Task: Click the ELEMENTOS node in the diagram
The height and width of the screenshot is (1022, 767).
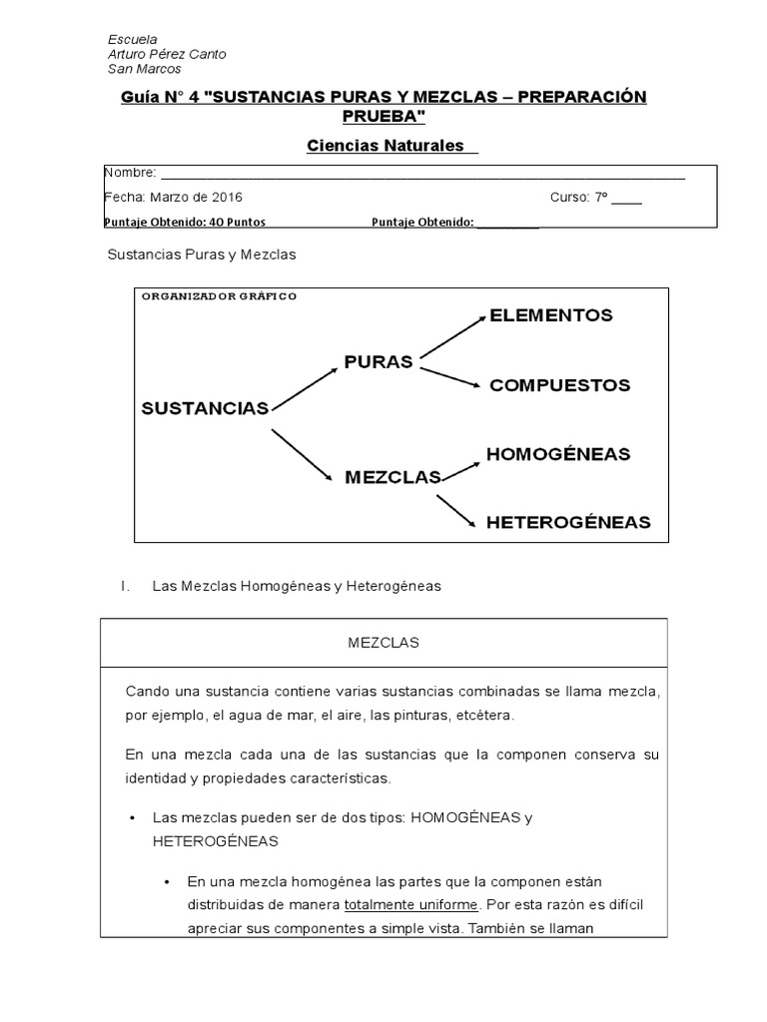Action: pos(550,315)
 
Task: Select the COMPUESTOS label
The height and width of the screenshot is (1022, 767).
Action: pos(559,385)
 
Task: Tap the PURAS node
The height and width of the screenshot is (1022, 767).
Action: pos(379,361)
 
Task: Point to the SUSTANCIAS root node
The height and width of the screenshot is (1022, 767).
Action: pos(205,407)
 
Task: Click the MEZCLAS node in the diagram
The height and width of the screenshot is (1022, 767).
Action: pos(392,477)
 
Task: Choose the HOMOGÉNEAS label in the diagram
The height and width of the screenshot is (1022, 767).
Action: pos(558,454)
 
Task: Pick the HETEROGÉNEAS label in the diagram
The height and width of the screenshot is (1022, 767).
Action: pos(567,521)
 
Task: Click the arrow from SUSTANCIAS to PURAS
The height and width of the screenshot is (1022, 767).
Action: pos(306,387)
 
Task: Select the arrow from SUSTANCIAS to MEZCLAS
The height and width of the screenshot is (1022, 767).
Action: pos(302,455)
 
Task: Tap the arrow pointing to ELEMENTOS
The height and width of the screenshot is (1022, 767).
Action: pos(451,334)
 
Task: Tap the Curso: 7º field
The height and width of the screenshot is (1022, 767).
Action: pos(594,197)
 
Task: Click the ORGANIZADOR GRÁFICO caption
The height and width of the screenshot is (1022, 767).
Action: pos(219,296)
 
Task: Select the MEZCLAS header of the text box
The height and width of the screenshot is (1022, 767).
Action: pos(383,643)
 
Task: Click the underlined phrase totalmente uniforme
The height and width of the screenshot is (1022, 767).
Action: pos(411,905)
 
